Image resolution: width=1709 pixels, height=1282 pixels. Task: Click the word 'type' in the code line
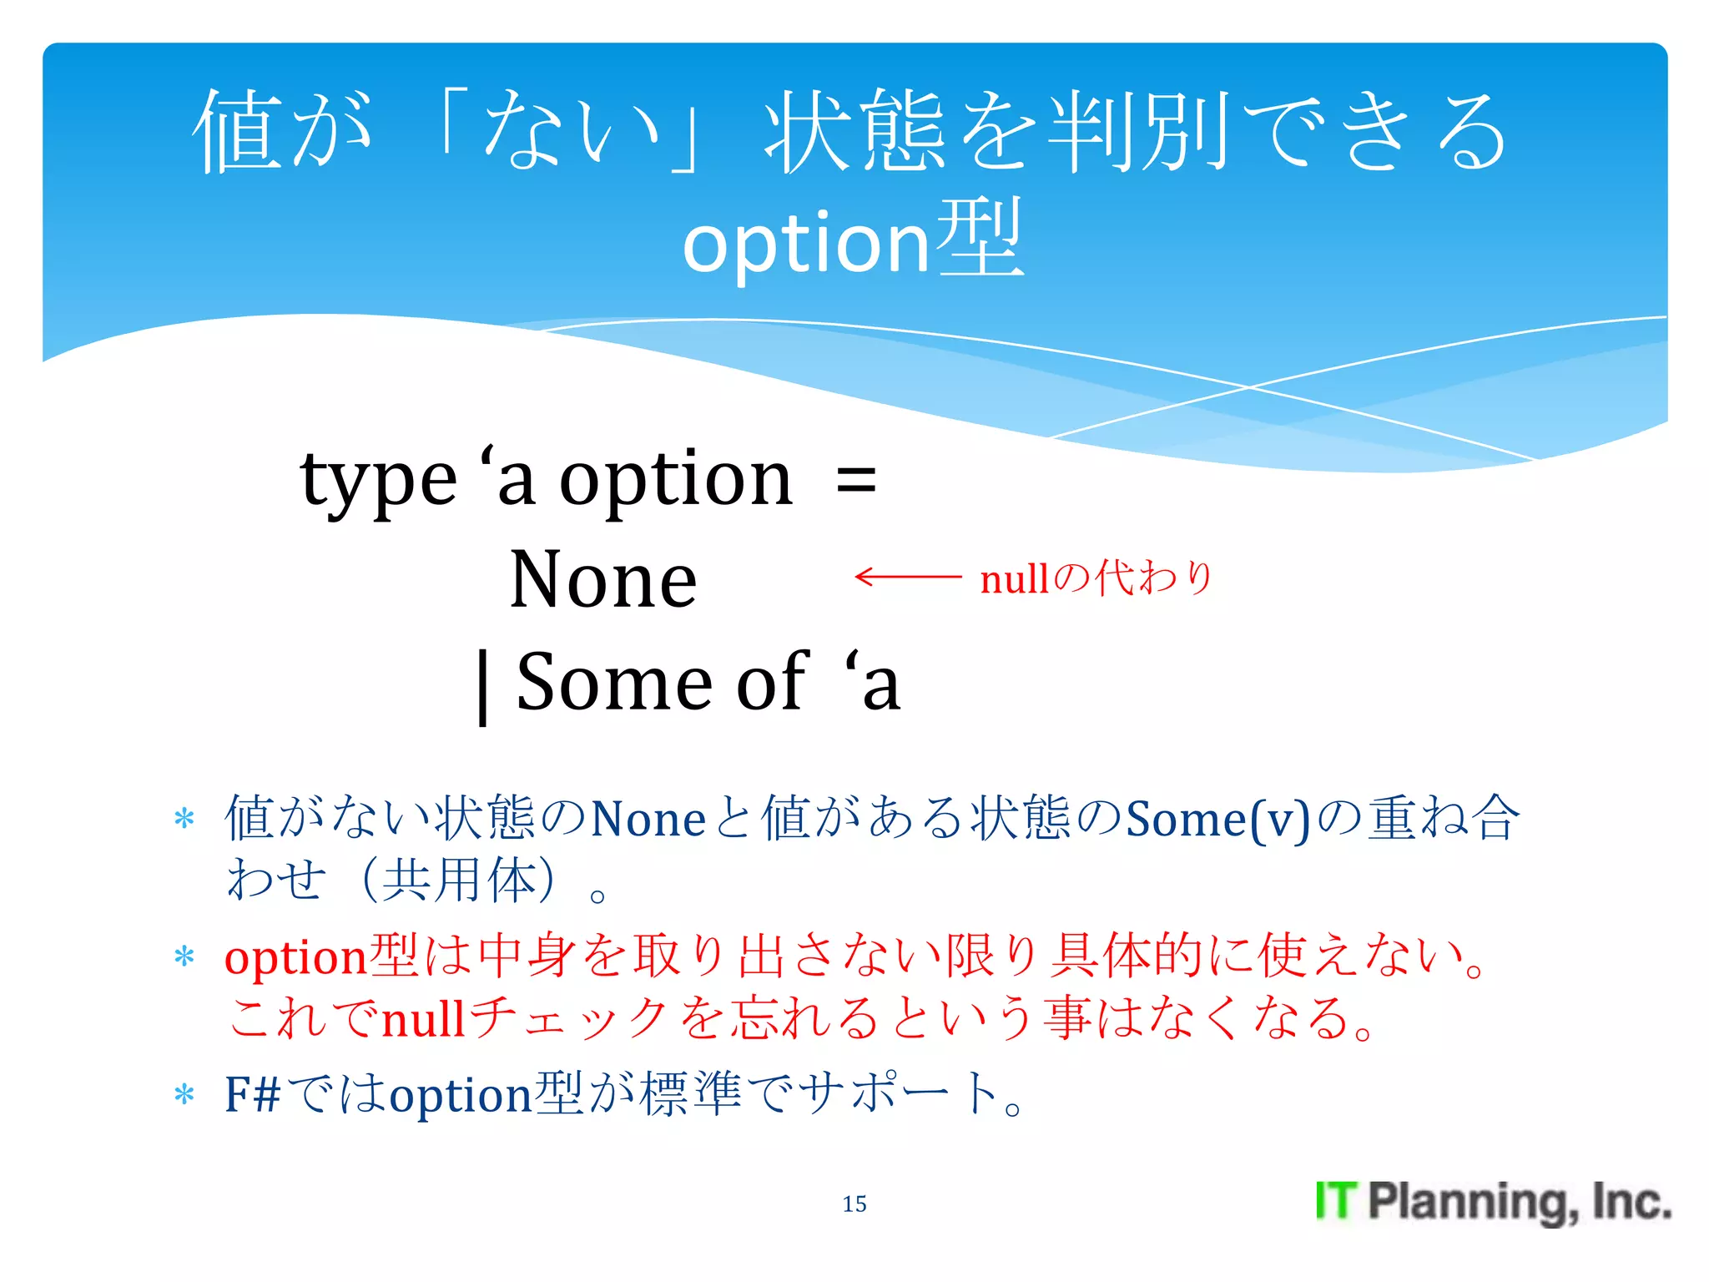(378, 482)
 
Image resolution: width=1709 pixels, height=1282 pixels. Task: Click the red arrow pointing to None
(908, 577)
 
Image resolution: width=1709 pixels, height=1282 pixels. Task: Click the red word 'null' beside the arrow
(1014, 579)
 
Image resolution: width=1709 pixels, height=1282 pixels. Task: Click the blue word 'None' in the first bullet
(648, 820)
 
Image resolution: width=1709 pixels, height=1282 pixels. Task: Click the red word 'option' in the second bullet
(296, 957)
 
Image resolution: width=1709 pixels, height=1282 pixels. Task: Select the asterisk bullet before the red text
(184, 956)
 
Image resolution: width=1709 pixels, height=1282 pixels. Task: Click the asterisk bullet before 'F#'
(184, 1094)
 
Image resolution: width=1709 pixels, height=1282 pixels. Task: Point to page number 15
(854, 1204)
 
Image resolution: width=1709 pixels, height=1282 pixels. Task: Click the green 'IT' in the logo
(1336, 1201)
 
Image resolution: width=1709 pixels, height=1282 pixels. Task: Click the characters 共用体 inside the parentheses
(460, 881)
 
